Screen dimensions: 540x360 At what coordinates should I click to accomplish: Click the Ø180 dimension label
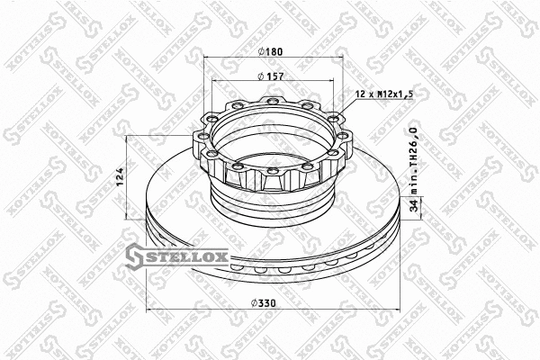[270, 51]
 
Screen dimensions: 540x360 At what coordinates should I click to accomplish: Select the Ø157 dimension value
[271, 76]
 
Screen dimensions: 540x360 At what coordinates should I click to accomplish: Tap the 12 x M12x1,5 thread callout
[384, 94]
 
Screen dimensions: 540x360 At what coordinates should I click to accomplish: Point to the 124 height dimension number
[119, 177]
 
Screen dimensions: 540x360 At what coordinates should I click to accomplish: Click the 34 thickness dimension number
[415, 206]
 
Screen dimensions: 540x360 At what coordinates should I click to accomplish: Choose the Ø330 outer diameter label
[264, 303]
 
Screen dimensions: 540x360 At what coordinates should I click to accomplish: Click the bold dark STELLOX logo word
[185, 256]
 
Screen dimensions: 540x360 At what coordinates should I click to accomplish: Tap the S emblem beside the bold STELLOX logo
[133, 256]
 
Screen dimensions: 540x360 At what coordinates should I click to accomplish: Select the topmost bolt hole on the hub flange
[272, 101]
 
